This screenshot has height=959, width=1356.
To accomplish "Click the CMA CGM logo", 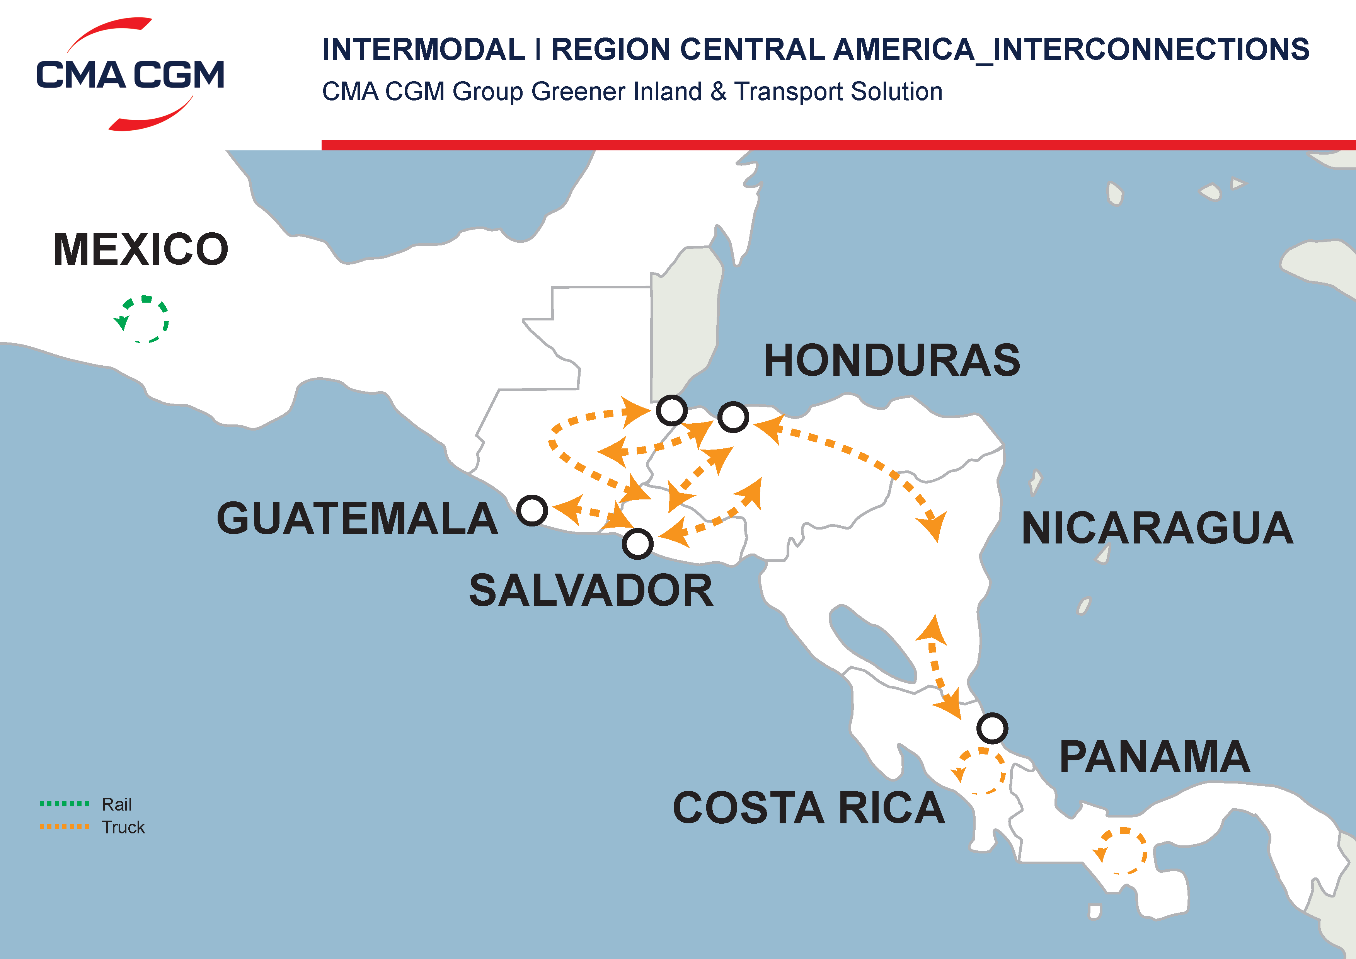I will point(130,74).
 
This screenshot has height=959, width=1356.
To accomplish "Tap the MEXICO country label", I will point(141,249).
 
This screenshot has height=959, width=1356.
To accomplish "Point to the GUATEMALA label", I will point(357,518).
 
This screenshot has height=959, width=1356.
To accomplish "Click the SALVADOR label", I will point(591,591).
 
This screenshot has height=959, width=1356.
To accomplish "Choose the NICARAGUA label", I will point(1158,528).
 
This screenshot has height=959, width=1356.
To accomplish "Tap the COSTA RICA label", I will point(809,808).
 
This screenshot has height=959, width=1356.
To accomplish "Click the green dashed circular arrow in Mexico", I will point(143,319).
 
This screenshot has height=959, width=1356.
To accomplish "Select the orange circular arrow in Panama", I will point(1121,851).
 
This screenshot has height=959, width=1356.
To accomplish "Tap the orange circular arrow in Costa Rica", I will point(980,771).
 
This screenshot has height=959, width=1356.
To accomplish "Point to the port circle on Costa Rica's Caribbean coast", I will point(992,728).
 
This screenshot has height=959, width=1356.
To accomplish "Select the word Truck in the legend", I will point(123,827).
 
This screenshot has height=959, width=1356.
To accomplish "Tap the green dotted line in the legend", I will point(64,804).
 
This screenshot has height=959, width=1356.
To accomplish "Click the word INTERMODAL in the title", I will point(423,49).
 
